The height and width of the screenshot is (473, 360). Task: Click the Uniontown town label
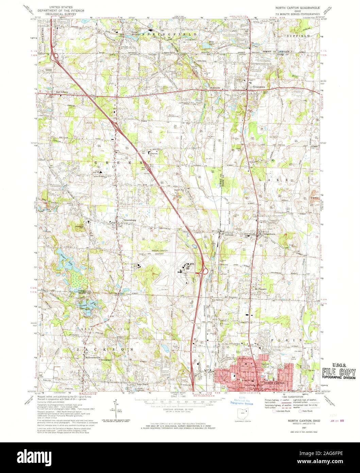(259, 87)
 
